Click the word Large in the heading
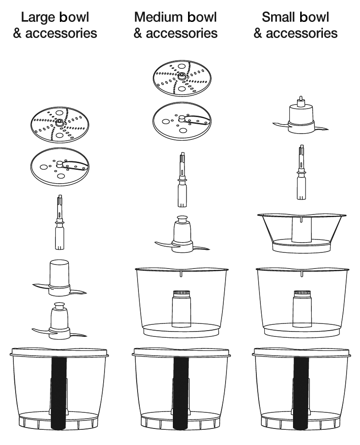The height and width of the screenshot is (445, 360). tap(38, 17)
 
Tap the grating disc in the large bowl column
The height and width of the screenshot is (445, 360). tap(59, 125)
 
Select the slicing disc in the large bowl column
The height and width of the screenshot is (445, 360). tap(59, 167)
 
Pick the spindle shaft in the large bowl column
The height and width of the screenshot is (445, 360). tap(60, 222)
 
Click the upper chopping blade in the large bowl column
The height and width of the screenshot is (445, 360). tap(59, 278)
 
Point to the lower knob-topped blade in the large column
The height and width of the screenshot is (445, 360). tap(59, 321)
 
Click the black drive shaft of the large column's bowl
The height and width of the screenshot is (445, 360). tap(59, 393)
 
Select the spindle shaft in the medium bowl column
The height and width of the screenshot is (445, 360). tap(182, 179)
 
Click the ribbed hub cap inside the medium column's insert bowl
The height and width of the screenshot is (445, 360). tap(181, 293)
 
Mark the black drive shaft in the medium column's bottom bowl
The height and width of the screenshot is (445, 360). tap(181, 393)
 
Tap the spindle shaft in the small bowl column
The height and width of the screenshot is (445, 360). tap(301, 172)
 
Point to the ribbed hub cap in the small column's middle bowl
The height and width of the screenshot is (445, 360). tap(302, 293)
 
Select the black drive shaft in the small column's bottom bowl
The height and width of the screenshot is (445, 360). tap(301, 393)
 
